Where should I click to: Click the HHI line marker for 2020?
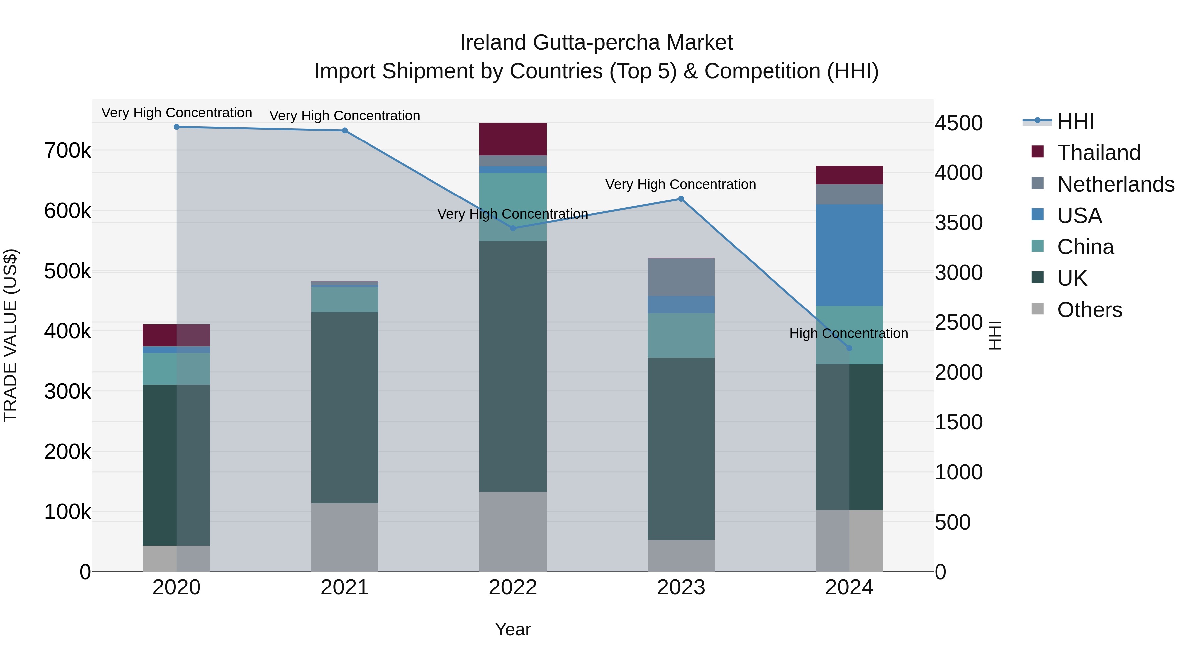coord(176,127)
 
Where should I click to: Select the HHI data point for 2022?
coord(513,228)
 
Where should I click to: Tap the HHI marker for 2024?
coord(849,348)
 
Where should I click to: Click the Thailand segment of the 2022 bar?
coord(513,139)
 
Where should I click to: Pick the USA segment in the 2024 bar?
coord(849,255)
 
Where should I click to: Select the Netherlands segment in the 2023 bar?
coord(681,277)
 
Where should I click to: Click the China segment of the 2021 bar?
coord(345,300)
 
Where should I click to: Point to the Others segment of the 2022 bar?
coord(513,531)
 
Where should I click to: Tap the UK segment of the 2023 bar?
coord(681,448)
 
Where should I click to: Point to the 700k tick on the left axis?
coord(68,150)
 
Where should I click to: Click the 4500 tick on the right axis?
coord(958,123)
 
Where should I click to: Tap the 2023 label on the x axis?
coord(681,587)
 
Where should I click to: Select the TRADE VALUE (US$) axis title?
coord(11,335)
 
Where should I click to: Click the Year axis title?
coord(513,629)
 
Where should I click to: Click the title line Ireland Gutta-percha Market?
coord(596,43)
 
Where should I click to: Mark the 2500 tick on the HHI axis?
coord(958,322)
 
